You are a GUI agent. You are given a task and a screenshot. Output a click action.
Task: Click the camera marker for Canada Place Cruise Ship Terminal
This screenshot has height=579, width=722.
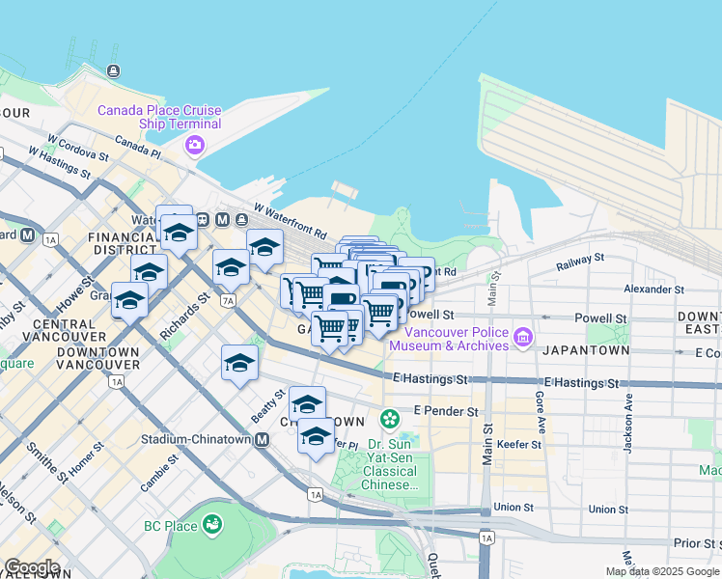pos(195,145)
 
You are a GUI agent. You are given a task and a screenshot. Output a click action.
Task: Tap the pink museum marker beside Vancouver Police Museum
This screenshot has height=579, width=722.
pos(523,337)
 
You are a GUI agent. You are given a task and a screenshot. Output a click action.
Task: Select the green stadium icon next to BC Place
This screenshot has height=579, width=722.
pos(211,525)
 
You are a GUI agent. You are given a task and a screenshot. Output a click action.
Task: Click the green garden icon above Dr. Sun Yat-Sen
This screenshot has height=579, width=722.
pos(389,419)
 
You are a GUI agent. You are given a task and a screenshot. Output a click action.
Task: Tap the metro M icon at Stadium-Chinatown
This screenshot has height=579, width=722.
pos(262,439)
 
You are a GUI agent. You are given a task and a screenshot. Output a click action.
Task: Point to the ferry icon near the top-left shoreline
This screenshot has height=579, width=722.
pos(114,69)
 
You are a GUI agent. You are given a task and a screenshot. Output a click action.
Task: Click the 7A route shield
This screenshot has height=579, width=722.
pos(228,300)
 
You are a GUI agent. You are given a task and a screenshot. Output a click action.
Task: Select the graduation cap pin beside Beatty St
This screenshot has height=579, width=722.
pos(239,363)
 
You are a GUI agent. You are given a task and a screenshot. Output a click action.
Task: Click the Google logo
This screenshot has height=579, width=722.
pos(32,567)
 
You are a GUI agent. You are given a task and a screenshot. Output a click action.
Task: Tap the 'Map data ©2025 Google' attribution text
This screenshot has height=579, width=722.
pos(661,571)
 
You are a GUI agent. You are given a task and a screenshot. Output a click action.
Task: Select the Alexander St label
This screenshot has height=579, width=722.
pos(653,289)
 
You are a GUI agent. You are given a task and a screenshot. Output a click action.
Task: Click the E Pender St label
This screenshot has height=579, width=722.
pos(446,411)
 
